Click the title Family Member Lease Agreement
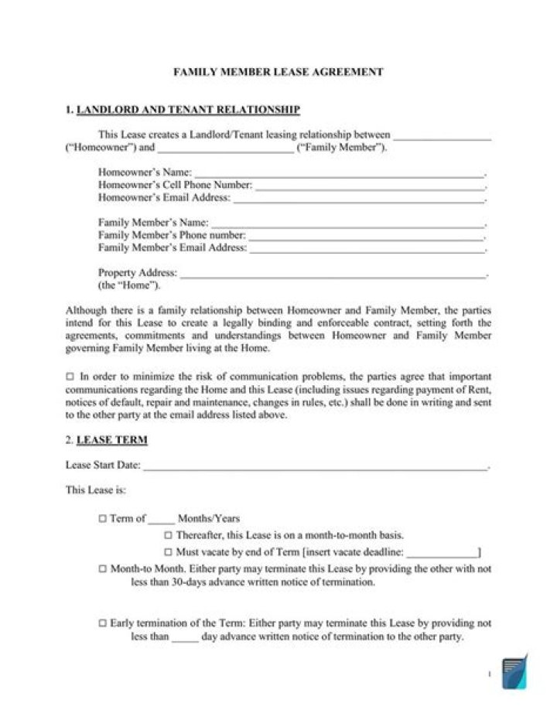coord(278,72)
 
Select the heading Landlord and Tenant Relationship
coord(189,110)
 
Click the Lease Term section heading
coord(113,440)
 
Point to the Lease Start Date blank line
coord(316,466)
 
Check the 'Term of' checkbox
coord(103,518)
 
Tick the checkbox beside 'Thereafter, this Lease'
coord(168,535)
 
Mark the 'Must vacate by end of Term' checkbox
coord(168,552)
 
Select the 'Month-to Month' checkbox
coord(103,568)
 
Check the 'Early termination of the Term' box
coord(103,623)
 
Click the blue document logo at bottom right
coord(514,671)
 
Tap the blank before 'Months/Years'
coord(161,519)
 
